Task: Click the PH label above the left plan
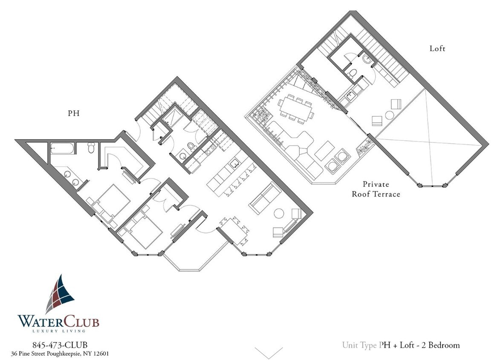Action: pos(73,114)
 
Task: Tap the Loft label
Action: pos(437,49)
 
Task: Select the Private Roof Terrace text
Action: pos(375,189)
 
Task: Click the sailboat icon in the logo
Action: pos(60,295)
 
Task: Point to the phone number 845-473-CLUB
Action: pos(60,345)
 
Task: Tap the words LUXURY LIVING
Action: pos(59,331)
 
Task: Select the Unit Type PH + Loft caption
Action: pos(401,345)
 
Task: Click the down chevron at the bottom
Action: pos(269,353)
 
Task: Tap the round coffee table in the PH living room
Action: pos(280,213)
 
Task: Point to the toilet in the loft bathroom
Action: pos(352,74)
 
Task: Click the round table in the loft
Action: pos(390,115)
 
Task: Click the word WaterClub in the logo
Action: pos(58,321)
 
